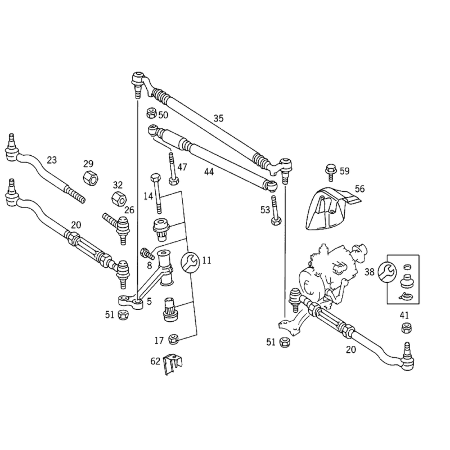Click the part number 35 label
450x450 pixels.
point(218,118)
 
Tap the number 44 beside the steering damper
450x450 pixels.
point(209,172)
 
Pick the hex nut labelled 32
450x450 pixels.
point(119,197)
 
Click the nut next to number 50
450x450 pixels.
point(151,113)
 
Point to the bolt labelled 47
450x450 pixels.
point(173,169)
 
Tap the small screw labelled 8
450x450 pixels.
point(147,254)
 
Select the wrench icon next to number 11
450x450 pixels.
point(190,262)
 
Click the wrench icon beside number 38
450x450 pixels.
point(387,272)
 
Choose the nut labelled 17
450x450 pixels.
point(173,339)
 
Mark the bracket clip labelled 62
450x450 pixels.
point(173,364)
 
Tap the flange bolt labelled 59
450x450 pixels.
point(331,173)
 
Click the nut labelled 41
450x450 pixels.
point(406,328)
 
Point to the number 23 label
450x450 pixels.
point(52,160)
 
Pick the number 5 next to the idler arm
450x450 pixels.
point(149,301)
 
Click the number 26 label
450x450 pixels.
point(129,210)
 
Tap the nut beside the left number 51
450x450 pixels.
point(123,315)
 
